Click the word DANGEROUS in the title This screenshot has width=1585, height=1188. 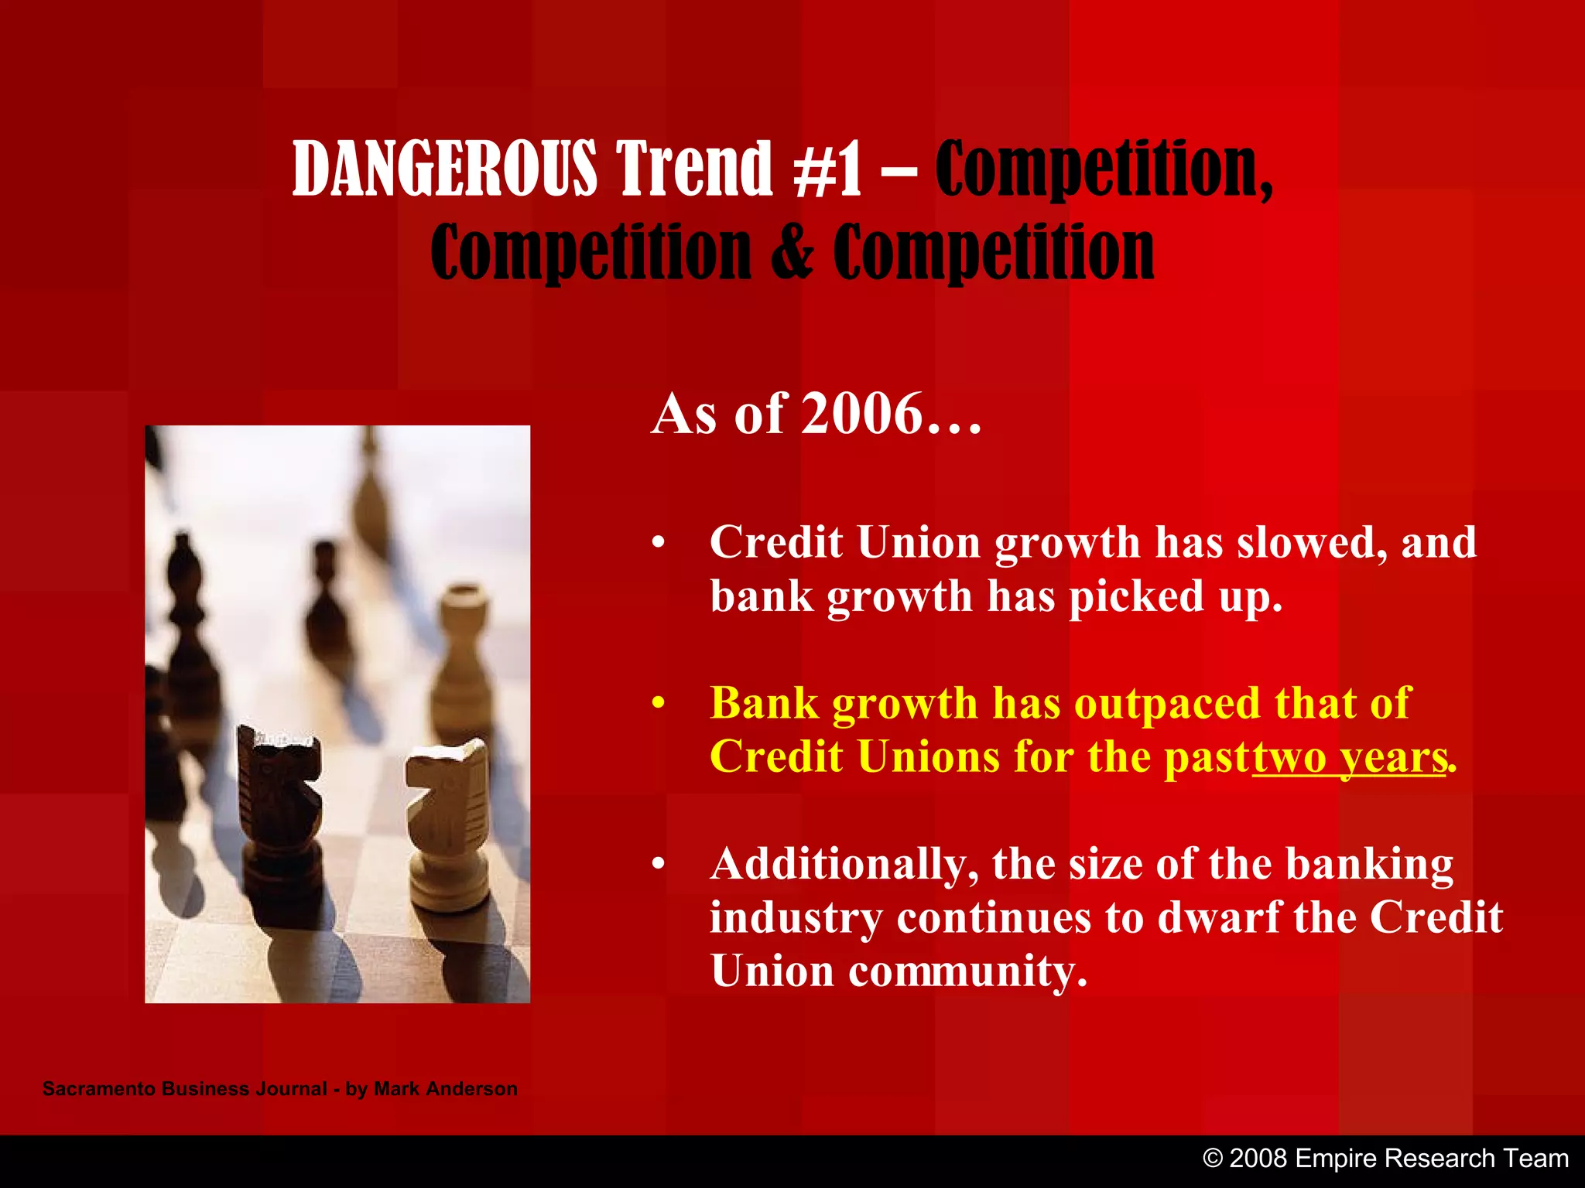[444, 168]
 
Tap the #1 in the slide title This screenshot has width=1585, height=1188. [827, 168]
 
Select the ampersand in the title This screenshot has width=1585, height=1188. [792, 251]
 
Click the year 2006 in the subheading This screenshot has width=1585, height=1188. [862, 414]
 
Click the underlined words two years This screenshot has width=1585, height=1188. [1349, 757]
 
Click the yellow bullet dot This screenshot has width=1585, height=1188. [658, 704]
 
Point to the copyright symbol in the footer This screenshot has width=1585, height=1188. [1214, 1159]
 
